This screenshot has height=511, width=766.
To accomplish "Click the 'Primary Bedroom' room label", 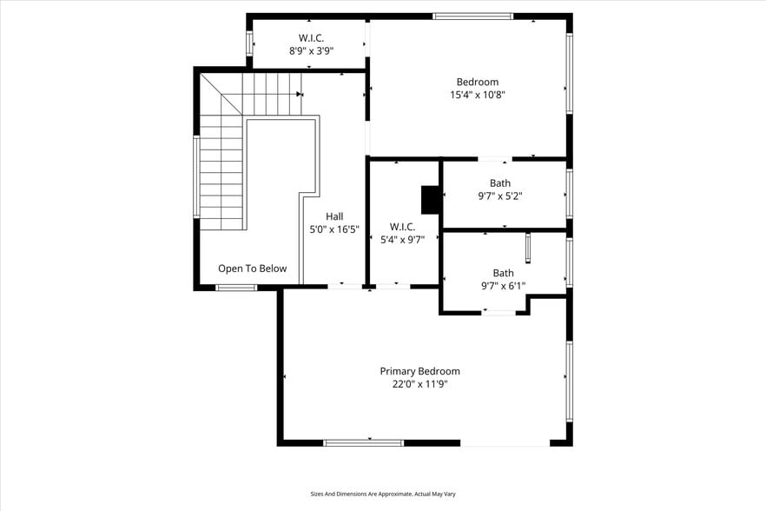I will (419, 371).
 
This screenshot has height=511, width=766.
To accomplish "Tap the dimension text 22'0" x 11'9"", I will (419, 384).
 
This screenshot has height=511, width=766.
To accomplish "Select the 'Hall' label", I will (334, 216).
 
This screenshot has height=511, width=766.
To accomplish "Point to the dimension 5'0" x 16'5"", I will (334, 229).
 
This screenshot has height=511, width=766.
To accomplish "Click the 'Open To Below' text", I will (252, 269).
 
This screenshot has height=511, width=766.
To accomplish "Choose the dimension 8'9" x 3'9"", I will (311, 51).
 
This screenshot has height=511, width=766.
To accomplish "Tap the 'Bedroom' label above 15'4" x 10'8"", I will (478, 82).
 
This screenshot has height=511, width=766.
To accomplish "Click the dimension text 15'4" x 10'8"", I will (478, 95).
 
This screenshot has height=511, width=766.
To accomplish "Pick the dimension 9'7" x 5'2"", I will (500, 196).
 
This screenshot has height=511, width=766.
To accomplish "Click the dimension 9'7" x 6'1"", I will (503, 286).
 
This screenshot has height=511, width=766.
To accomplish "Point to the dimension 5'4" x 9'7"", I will (402, 241).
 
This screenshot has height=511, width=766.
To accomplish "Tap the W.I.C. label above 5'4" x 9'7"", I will (402, 227).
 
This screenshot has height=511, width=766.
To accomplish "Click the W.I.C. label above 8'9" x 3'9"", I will (311, 38).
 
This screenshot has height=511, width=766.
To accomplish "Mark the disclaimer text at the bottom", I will (383, 494).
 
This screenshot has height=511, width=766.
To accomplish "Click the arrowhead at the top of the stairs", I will (299, 94).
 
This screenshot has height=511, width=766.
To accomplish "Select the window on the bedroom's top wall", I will (472, 16).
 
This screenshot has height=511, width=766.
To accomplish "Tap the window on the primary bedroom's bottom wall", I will (363, 443).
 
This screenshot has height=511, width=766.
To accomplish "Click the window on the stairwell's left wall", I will (196, 177).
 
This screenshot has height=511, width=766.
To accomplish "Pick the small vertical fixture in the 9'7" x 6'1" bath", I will (527, 247).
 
